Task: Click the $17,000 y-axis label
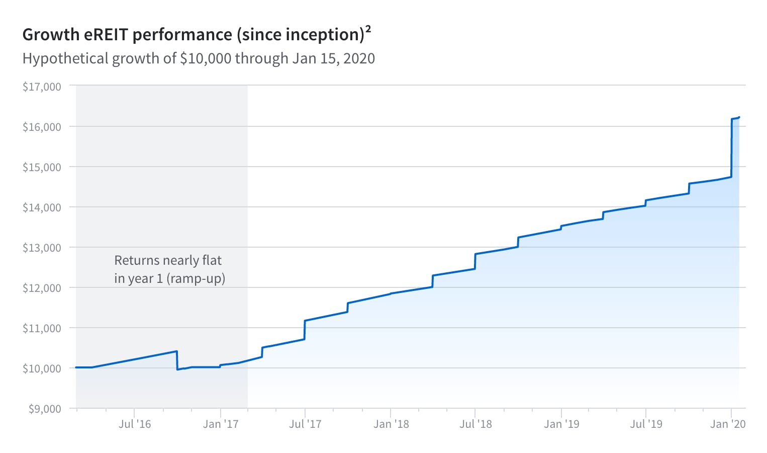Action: (x=42, y=87)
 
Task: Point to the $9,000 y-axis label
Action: (x=45, y=409)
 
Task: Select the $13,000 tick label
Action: (x=42, y=248)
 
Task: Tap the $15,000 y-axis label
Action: (x=42, y=167)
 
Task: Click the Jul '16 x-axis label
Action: (x=135, y=424)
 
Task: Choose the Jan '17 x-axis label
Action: (x=221, y=424)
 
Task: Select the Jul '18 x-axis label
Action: (x=475, y=424)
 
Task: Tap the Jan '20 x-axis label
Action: (x=728, y=424)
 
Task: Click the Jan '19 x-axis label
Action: (x=561, y=424)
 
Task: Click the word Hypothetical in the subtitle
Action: (x=65, y=59)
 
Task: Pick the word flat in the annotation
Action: (x=212, y=260)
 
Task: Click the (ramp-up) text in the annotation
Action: (x=196, y=278)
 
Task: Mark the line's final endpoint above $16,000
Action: (x=739, y=117)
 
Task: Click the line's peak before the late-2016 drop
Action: (x=177, y=351)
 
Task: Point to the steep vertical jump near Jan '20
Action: (x=732, y=148)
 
